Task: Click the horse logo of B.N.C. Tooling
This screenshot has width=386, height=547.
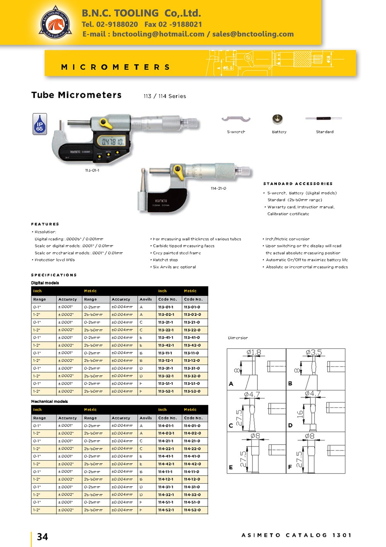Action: click(x=56, y=23)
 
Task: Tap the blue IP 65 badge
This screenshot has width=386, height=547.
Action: click(x=40, y=124)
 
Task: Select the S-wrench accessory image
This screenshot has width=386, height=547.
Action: click(x=236, y=119)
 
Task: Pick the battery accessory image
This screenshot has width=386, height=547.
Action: click(x=278, y=119)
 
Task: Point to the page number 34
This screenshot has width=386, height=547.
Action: click(x=42, y=537)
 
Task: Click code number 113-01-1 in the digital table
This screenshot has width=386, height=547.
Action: click(x=166, y=307)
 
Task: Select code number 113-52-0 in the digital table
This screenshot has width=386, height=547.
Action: click(x=192, y=391)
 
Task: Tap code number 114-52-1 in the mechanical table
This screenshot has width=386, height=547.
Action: click(x=166, y=510)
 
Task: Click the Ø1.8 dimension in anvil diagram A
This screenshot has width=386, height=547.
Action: click(x=254, y=352)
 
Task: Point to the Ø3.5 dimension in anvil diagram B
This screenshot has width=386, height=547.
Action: click(x=313, y=352)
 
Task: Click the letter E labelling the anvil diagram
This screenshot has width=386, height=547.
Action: click(x=231, y=467)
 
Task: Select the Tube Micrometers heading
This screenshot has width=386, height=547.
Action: click(x=76, y=95)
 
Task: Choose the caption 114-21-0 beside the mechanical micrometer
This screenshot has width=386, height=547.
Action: click(x=218, y=188)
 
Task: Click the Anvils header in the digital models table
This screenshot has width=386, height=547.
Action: click(x=146, y=299)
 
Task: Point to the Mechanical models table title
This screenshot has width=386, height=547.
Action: click(x=49, y=401)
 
